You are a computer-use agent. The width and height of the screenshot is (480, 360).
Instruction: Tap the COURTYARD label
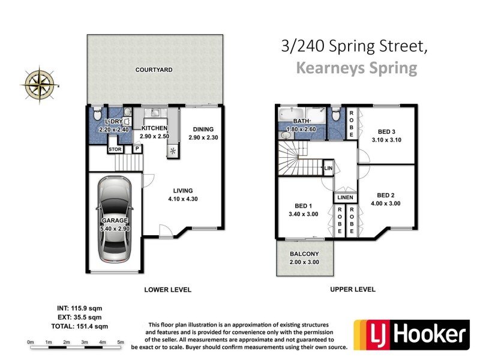pos(154,70)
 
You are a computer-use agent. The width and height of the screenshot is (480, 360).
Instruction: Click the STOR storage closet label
pos(115,149)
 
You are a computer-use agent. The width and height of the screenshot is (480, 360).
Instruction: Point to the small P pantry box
pos(137,149)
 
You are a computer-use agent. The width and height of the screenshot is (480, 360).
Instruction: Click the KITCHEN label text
pos(155,128)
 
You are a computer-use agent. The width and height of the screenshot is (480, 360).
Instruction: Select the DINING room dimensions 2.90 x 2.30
pos(203,138)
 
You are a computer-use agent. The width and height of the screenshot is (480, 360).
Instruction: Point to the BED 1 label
pos(303,204)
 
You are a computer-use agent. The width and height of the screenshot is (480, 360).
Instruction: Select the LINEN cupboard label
pos(346,197)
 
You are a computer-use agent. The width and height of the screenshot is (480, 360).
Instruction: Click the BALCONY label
pos(304,254)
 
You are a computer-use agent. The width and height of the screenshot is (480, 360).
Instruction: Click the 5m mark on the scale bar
pos(121,342)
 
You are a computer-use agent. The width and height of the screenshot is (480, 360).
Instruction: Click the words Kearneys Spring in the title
pos(356,68)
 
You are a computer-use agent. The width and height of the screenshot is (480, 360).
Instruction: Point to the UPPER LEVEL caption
pos(353,289)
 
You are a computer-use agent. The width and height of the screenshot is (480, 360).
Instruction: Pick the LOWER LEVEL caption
pos(168,290)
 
